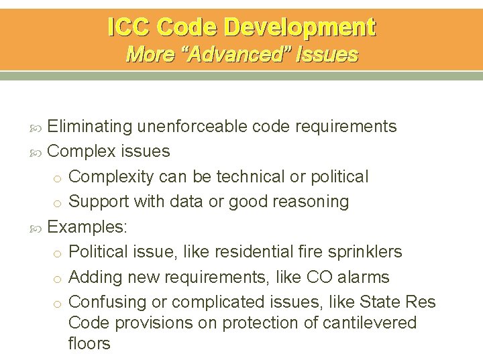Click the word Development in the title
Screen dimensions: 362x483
pos(300,27)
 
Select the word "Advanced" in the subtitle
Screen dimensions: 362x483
pos(241,54)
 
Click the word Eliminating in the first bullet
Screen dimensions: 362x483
pos(90,126)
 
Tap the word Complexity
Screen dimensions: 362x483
pos(111,176)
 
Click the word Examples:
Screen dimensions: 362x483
pos(87,227)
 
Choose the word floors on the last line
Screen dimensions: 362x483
pos(89,344)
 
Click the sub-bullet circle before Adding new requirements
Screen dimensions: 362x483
pos(58,278)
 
